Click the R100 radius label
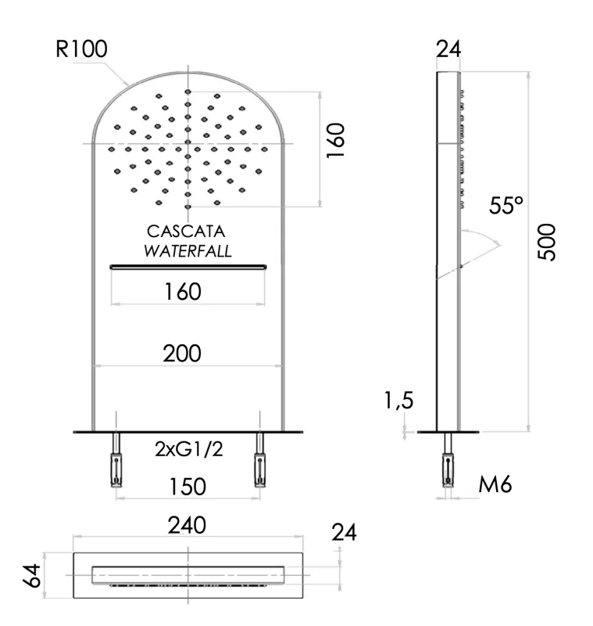81,49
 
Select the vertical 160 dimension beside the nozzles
336,141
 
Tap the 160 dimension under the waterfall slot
183,292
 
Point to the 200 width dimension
182,353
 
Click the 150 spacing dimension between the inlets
187,487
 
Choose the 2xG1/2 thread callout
188,449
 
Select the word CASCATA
187,232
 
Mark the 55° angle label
506,206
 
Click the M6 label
495,484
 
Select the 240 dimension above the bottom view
188,525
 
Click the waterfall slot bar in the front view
188,267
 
